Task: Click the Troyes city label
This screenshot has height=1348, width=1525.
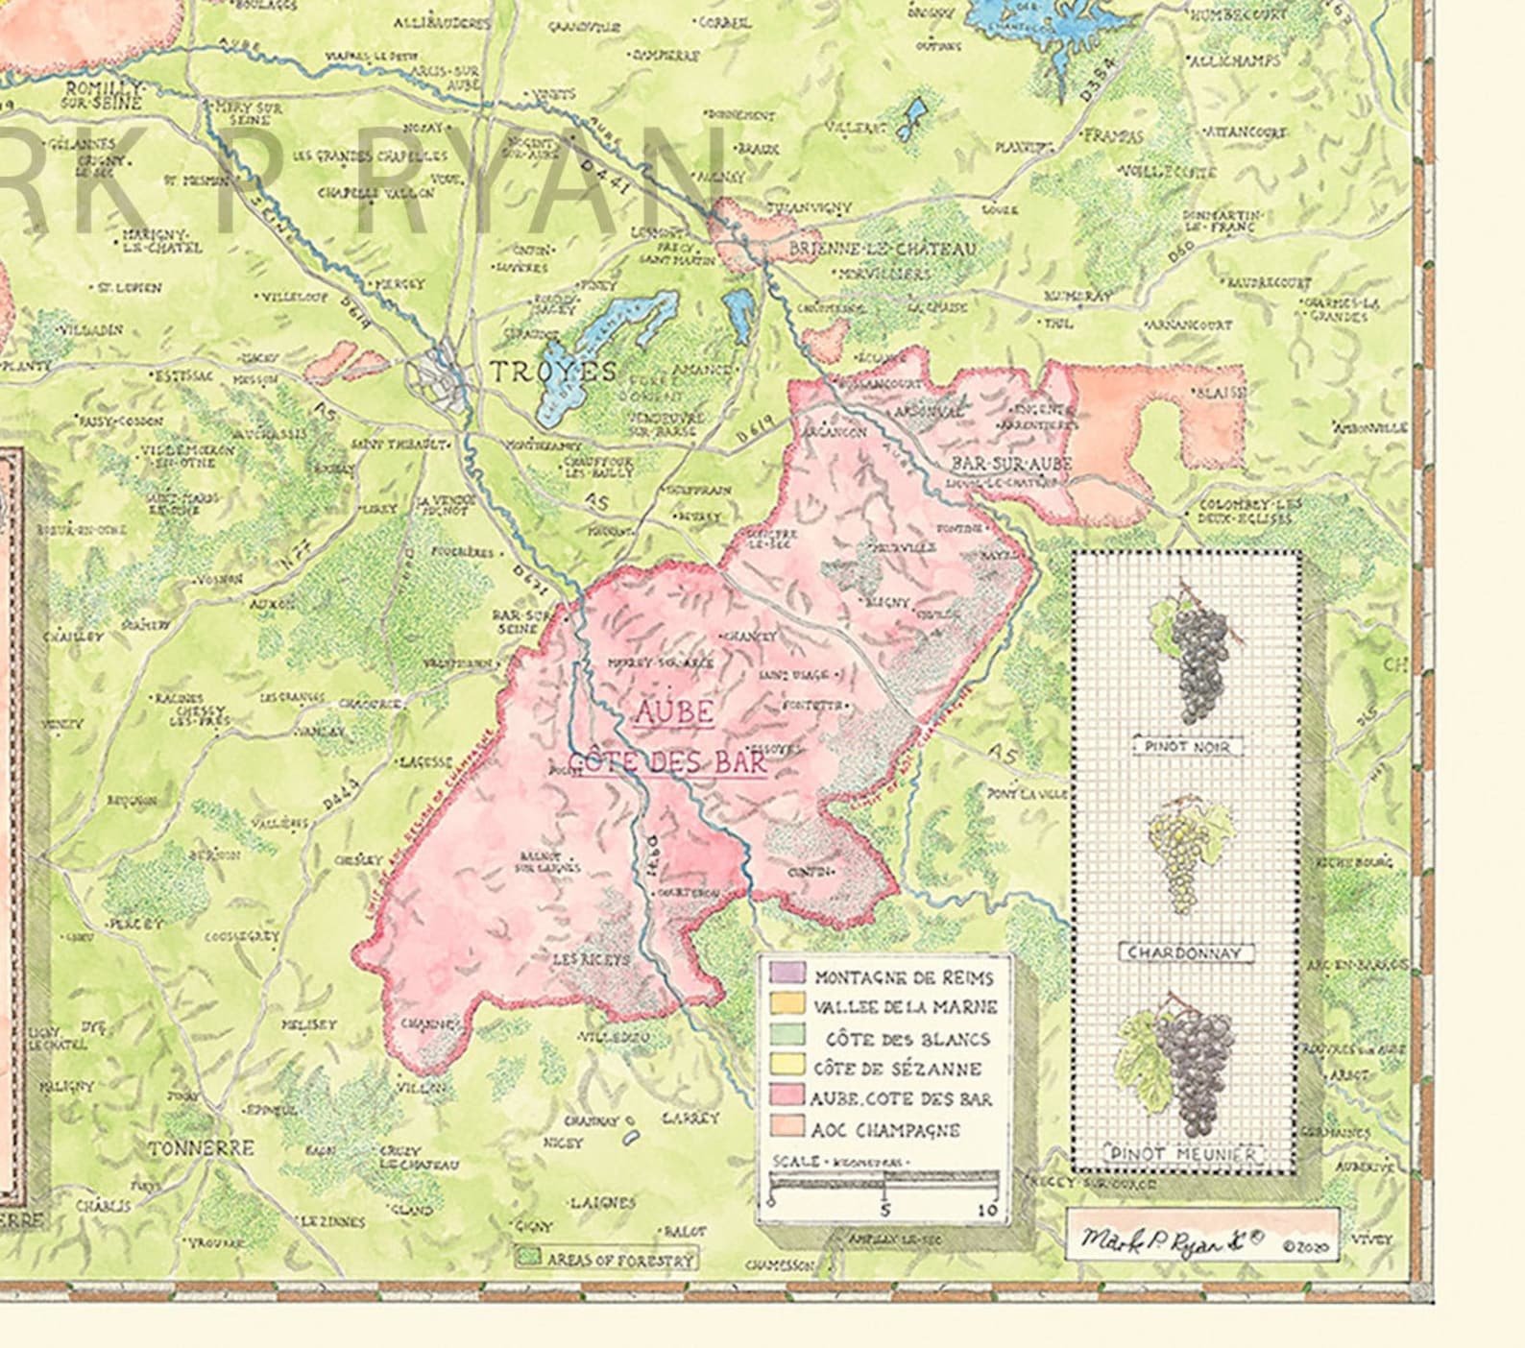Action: tap(553, 372)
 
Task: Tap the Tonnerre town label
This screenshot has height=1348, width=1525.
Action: tap(202, 1148)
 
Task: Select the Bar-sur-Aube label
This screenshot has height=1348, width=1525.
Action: tap(1011, 464)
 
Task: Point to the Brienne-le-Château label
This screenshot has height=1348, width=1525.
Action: tap(882, 249)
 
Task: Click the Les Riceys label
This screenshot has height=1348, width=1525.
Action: tap(592, 959)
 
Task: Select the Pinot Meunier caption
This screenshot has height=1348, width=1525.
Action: tap(1183, 1154)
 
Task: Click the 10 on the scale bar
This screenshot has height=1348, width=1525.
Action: tap(987, 1211)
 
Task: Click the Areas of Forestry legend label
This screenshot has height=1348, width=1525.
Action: tap(618, 1259)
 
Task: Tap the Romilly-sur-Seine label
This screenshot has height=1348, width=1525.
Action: tap(104, 94)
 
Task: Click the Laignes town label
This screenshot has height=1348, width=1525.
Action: tap(602, 1202)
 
